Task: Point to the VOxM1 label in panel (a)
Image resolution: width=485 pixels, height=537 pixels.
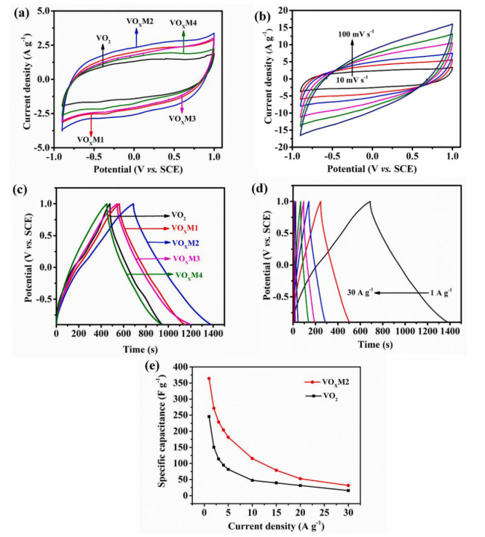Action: [x=90, y=138]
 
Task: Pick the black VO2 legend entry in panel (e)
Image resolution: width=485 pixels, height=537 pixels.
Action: [x=320, y=395]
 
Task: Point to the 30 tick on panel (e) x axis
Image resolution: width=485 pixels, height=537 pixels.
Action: [x=348, y=511]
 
